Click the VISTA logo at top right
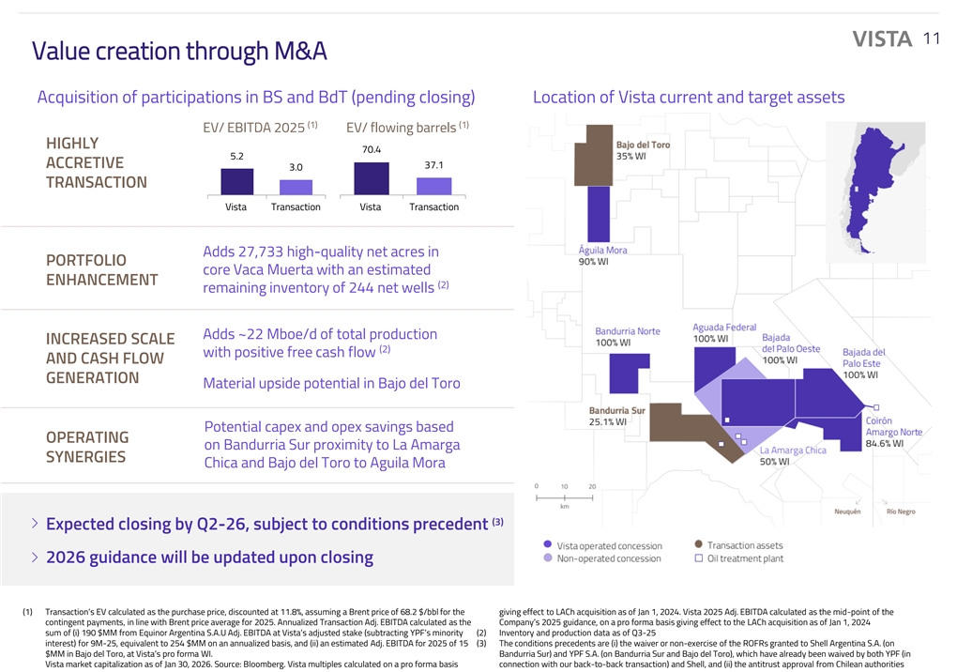point(882,39)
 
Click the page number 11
point(931,38)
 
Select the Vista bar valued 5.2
point(236,180)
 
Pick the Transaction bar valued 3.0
point(296,187)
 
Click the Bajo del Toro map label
point(643,145)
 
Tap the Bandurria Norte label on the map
point(627,331)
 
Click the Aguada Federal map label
point(724,327)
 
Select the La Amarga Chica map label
point(793,451)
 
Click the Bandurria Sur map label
point(616,410)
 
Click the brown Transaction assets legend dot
point(698,544)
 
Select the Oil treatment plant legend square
point(699,558)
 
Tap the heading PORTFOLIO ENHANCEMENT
point(101,269)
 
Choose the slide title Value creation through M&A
point(179,52)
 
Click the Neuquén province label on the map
point(851,512)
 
